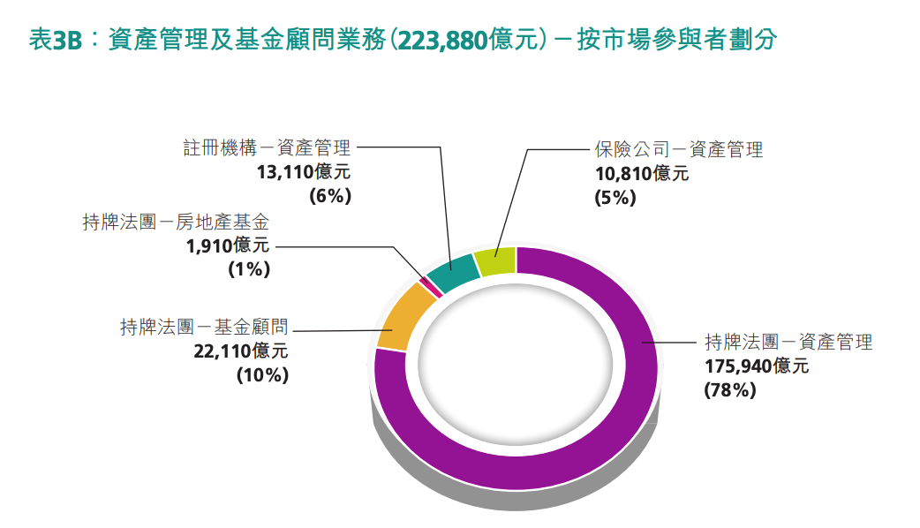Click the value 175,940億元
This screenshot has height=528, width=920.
click(x=756, y=366)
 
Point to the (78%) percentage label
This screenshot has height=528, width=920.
click(x=729, y=389)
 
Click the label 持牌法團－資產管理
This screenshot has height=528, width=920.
click(x=788, y=342)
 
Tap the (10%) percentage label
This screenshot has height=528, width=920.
click(x=262, y=374)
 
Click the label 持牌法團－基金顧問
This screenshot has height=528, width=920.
click(x=204, y=327)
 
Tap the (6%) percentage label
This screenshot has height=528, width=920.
click(x=329, y=196)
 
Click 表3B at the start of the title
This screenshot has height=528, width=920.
click(x=55, y=41)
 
